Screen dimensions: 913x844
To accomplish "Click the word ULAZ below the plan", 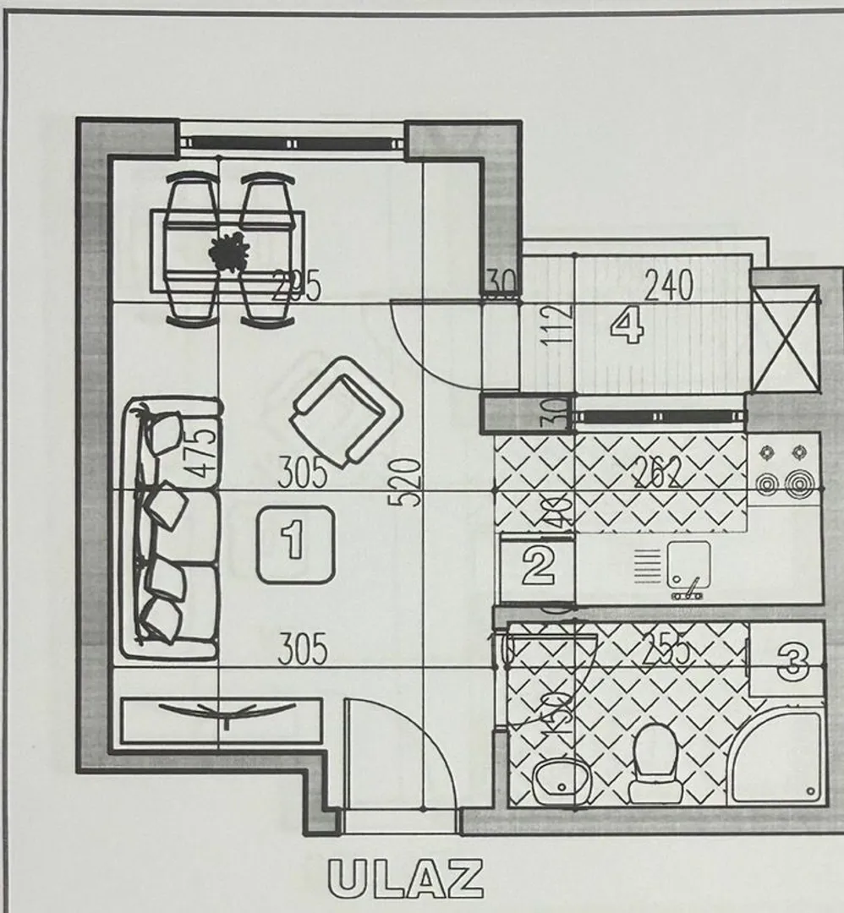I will pyautogui.click(x=406, y=879).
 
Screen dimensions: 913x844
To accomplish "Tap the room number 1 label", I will pyautogui.click(x=295, y=544).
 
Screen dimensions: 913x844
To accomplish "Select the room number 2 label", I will pyautogui.click(x=538, y=566).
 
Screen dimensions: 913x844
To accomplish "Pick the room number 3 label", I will pyautogui.click(x=792, y=660).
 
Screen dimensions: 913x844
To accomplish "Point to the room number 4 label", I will pyautogui.click(x=627, y=325).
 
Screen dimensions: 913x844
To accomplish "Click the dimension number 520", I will pyautogui.click(x=408, y=482).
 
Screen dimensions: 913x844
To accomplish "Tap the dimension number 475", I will pyautogui.click(x=203, y=454).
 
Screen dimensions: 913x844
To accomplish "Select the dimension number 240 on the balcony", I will pyautogui.click(x=668, y=286).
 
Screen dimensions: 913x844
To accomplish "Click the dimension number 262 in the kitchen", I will pyautogui.click(x=657, y=475).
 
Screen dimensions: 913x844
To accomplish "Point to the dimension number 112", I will pyautogui.click(x=559, y=324).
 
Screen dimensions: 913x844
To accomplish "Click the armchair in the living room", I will pyautogui.click(x=344, y=411).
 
